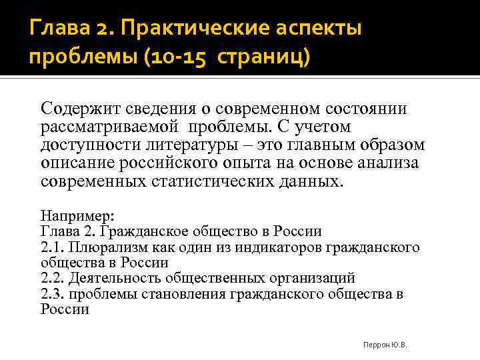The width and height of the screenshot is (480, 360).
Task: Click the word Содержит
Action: point(77,108)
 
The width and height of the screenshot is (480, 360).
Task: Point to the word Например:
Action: point(77,216)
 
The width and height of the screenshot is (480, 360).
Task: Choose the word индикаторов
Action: point(281,247)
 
